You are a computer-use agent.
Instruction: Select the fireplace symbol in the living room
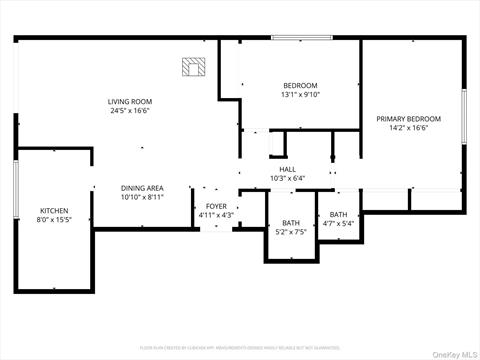(x=192, y=67)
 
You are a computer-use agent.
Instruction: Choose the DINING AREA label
(x=142, y=188)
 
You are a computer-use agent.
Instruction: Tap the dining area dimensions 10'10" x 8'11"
(x=142, y=198)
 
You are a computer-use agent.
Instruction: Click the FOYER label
(x=216, y=206)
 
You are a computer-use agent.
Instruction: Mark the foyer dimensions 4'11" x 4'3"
(x=216, y=215)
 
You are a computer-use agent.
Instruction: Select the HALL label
(x=287, y=169)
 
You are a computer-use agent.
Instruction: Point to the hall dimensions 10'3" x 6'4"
(x=287, y=179)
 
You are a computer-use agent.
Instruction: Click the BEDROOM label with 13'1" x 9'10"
(x=300, y=85)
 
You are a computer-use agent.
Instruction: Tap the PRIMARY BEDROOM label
(x=408, y=119)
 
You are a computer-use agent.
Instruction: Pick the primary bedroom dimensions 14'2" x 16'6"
(x=408, y=129)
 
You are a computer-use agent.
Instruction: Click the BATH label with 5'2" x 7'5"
(x=290, y=223)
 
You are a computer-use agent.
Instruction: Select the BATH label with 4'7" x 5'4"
(x=339, y=214)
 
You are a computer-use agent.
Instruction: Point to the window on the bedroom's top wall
(x=301, y=39)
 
